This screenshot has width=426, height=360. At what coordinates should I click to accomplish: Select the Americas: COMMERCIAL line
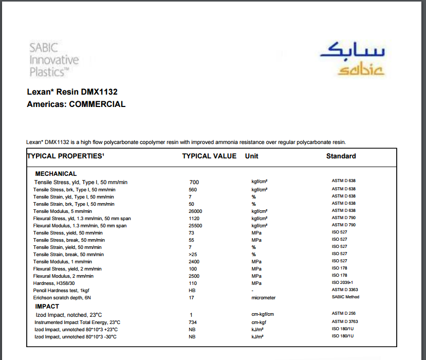pyautogui.click(x=76, y=104)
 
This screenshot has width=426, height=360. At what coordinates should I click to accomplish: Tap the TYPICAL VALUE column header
pyautogui.click(x=209, y=156)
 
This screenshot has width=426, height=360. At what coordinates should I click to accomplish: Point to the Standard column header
pyautogui.click(x=341, y=156)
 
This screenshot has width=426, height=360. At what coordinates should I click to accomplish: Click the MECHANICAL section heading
pyautogui.click(x=56, y=174)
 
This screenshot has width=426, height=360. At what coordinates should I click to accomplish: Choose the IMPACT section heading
pyautogui.click(x=47, y=307)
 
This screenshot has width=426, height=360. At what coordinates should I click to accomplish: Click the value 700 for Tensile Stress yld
pyautogui.click(x=194, y=182)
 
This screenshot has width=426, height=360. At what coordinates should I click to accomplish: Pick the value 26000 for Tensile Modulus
pyautogui.click(x=195, y=211)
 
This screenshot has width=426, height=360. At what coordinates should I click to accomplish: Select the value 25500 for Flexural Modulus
pyautogui.click(x=195, y=226)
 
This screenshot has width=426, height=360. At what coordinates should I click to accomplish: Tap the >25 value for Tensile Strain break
pyautogui.click(x=193, y=255)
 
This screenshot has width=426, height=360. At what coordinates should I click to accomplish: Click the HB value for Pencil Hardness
pyautogui.click(x=192, y=291)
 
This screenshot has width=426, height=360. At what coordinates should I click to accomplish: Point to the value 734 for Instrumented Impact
pyautogui.click(x=193, y=322)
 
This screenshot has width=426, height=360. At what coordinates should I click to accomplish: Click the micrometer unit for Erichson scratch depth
pyautogui.click(x=263, y=298)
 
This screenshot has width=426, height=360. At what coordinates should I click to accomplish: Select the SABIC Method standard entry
pyautogui.click(x=345, y=297)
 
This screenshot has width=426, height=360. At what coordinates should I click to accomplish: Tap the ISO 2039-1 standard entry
pyautogui.click(x=342, y=282)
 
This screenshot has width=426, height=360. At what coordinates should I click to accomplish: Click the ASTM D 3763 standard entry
pyautogui.click(x=344, y=321)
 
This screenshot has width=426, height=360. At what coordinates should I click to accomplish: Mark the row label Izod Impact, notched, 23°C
pyautogui.click(x=68, y=314)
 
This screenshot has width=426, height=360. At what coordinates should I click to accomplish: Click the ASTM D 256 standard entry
pyautogui.click(x=344, y=313)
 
